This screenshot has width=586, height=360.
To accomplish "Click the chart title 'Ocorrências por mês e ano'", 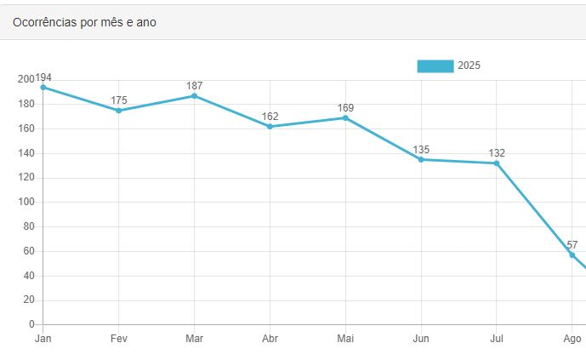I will [84, 22].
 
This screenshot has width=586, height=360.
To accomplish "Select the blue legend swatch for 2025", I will [435, 66].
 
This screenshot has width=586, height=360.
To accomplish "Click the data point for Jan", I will [43, 87].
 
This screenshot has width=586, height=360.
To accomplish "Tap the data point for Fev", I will [118, 111].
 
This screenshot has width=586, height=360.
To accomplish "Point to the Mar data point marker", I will [194, 95].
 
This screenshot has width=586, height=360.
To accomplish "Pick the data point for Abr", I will [270, 126].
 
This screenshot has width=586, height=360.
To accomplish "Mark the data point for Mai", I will [345, 117].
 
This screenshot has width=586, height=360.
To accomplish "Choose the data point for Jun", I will [421, 159].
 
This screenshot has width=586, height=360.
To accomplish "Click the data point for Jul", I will [497, 163].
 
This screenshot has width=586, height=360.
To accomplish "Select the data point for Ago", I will [572, 254].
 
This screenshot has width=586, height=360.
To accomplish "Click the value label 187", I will [194, 86].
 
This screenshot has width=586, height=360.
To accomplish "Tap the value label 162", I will [270, 117].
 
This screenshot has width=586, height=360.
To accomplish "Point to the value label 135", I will [421, 150].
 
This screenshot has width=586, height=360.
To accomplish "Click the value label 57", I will [572, 245].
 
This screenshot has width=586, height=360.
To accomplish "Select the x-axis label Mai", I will [345, 339].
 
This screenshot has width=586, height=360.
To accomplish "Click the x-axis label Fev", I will [118, 339].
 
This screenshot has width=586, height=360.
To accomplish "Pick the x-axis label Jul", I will [497, 339].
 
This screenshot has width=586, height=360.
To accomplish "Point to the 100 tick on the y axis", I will [26, 203].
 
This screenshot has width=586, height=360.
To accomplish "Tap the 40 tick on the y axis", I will [28, 276].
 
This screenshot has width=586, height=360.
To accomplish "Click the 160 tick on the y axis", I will [26, 129].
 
